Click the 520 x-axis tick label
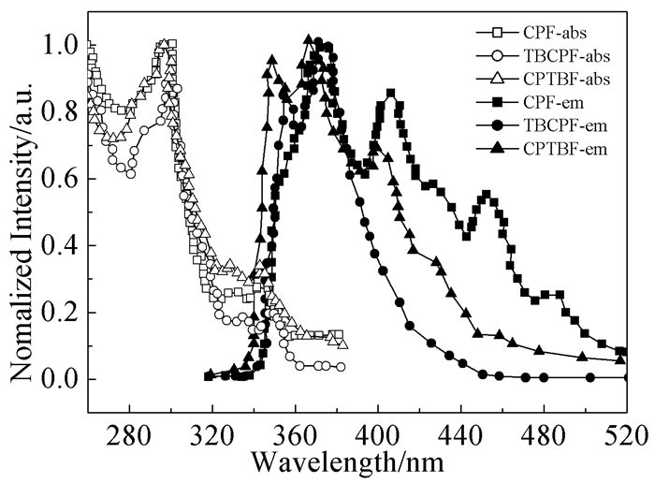[622, 436]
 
